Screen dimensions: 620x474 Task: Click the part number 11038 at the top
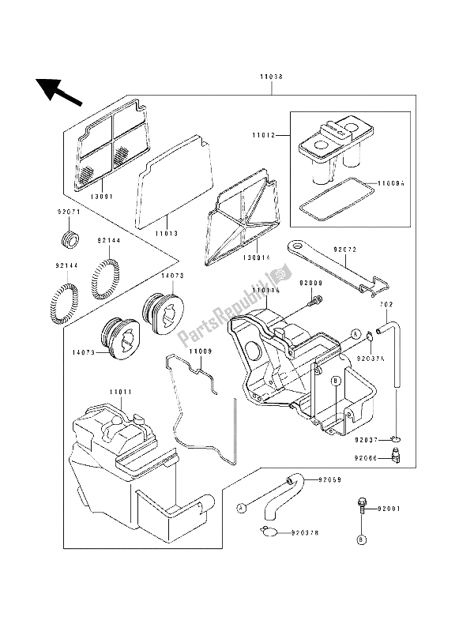[271, 77]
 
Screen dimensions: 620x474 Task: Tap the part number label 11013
[167, 234]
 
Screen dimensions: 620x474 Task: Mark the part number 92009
[312, 282]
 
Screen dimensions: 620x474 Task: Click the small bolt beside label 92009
[317, 300]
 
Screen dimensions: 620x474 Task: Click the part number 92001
[391, 509]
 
